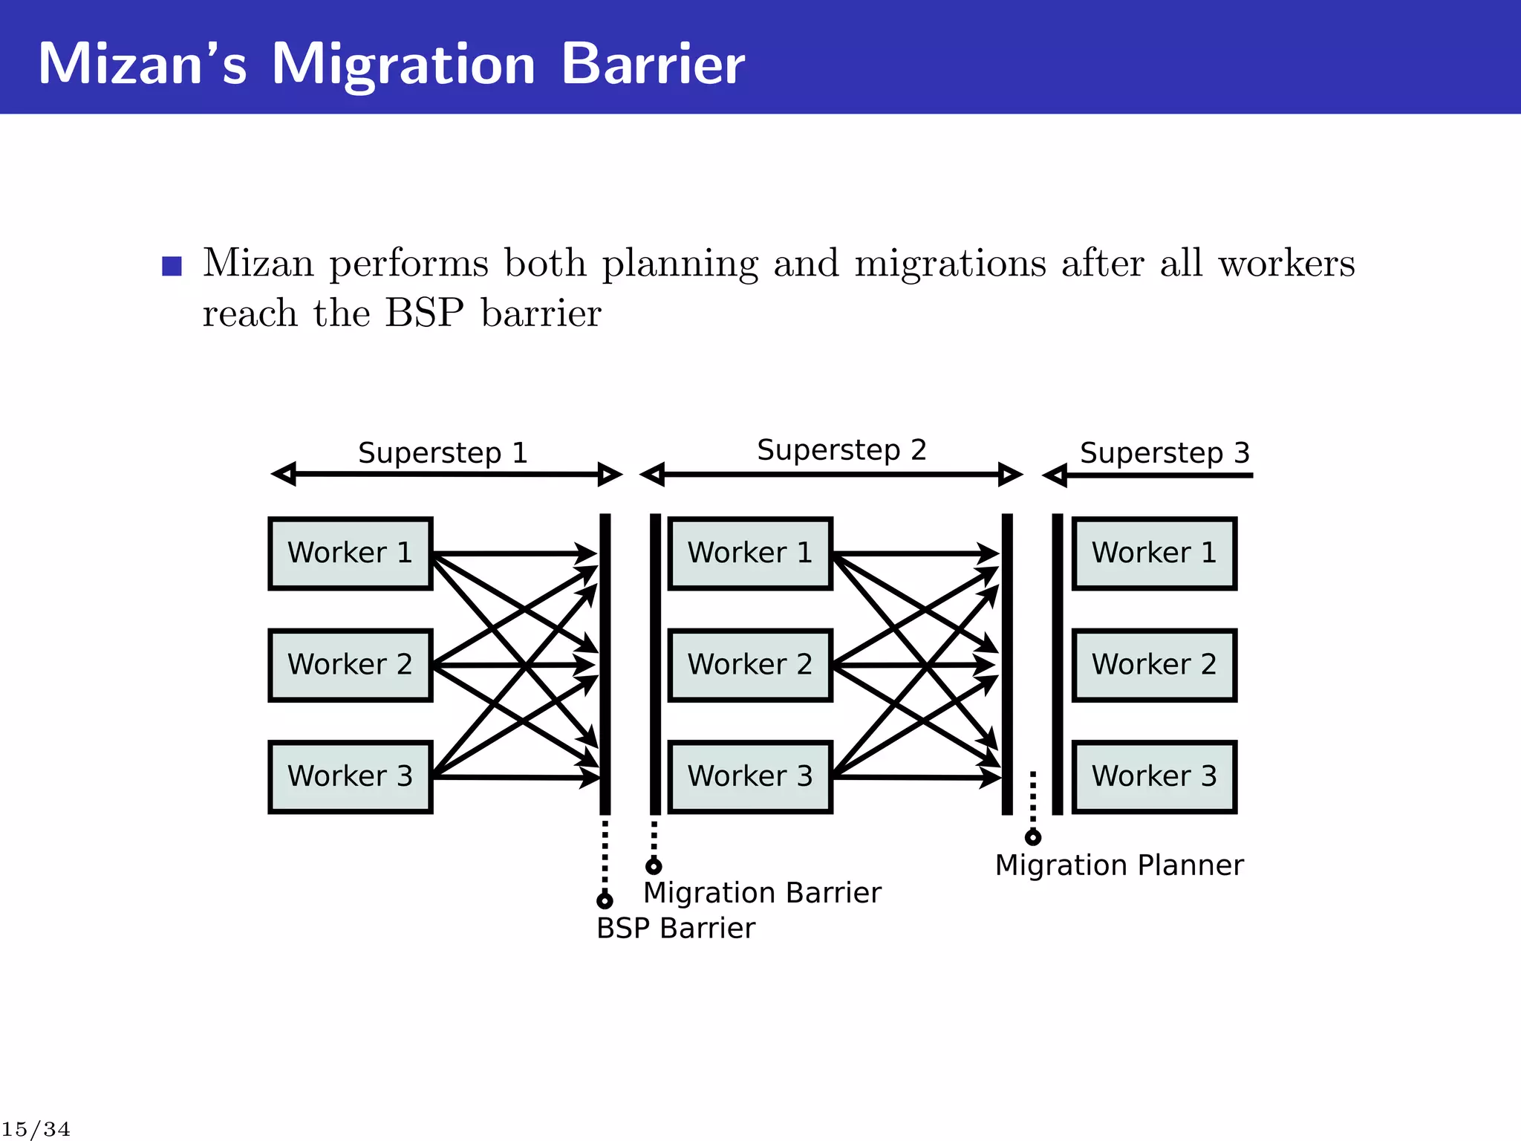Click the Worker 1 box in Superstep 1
click(350, 553)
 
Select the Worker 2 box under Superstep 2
click(750, 665)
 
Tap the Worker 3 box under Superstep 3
click(1154, 776)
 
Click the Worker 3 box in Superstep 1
click(350, 776)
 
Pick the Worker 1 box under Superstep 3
click(1154, 553)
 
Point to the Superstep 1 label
click(443, 452)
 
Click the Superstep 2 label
click(841, 449)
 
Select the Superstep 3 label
click(1165, 452)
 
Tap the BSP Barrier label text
click(675, 928)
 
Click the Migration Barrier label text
click(762, 892)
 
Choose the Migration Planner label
click(1118, 865)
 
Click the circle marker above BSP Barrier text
click(605, 900)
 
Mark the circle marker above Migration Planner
click(1032, 838)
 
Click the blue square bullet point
click(172, 265)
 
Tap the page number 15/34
click(36, 1129)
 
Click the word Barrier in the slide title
click(652, 64)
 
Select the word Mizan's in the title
click(142, 64)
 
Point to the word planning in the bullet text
click(680, 264)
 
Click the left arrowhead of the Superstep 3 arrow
click(1055, 475)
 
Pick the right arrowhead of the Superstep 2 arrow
click(1010, 474)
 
